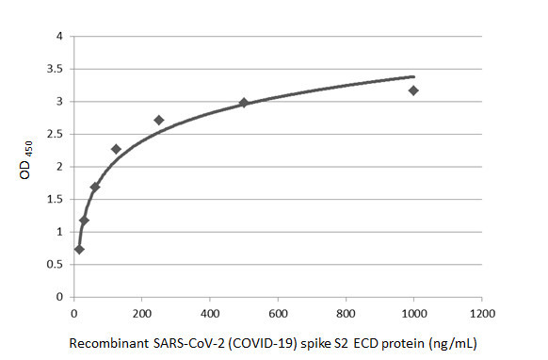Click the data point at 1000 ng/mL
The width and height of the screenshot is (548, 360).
413,90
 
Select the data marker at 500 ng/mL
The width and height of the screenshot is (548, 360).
244,103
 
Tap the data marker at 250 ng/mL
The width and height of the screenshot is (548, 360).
158,120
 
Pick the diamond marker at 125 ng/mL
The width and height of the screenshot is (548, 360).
116,149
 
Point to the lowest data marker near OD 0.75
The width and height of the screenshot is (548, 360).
79,249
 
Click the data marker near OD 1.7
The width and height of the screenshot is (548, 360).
94,187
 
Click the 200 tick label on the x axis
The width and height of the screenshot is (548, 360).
142,312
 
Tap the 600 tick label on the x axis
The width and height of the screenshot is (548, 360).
278,312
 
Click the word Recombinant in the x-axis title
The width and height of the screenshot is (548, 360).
106,344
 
